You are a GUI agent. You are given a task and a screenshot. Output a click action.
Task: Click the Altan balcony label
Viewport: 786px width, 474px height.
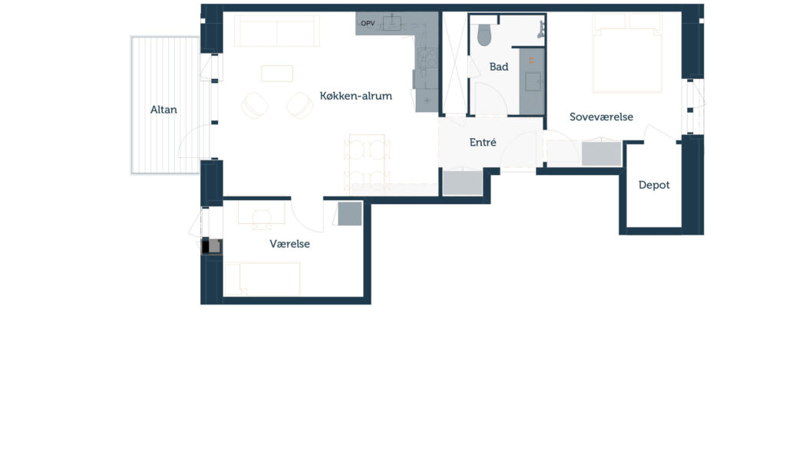(163, 110)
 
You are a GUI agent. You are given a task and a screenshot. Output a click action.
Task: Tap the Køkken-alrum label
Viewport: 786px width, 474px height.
(356, 96)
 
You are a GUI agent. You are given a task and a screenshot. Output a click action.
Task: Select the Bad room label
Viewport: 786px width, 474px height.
(499, 67)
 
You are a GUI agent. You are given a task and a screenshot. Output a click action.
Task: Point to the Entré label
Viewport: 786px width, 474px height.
(483, 143)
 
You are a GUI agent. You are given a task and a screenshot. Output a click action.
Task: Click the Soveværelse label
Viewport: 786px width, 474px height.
(601, 117)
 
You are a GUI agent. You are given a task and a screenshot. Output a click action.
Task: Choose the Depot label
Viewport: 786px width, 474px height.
(654, 185)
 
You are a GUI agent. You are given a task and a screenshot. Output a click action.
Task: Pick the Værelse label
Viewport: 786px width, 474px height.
(289, 244)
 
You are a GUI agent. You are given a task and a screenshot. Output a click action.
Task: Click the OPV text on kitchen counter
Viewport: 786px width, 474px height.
(368, 24)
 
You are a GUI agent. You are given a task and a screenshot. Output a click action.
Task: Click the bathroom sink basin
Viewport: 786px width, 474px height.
(533, 81)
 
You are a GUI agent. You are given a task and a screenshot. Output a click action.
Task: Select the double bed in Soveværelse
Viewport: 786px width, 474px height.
(627, 53)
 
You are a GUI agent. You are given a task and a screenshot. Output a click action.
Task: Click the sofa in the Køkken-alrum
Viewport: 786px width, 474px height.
(276, 31)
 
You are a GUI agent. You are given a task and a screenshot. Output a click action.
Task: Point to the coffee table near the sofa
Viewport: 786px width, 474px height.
(277, 74)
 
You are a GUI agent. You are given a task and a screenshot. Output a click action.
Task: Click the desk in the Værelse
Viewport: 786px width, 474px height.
(261, 212)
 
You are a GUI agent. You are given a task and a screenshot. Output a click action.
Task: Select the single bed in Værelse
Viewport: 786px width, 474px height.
(263, 278)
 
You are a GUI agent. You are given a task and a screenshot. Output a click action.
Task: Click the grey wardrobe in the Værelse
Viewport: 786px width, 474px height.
(350, 214)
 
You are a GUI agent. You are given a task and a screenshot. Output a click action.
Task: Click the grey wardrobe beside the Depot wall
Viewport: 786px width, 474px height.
(602, 154)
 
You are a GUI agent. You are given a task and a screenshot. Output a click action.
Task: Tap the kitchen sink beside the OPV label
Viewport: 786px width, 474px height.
(392, 22)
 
